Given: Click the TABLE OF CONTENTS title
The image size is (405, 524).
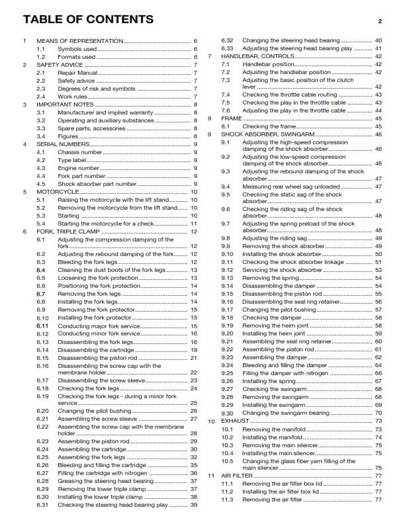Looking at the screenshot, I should (88, 20).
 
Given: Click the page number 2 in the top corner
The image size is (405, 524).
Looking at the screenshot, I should (381, 22).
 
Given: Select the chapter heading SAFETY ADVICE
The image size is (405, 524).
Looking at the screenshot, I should (60, 65).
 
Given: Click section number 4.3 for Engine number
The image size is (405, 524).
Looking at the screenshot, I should (41, 168).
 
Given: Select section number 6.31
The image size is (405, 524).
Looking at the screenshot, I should (43, 505).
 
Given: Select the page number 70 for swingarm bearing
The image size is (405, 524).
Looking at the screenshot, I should (379, 413).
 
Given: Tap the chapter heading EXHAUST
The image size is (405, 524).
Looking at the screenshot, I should (236, 421).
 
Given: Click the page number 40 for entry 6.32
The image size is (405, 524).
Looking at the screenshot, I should (379, 40).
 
